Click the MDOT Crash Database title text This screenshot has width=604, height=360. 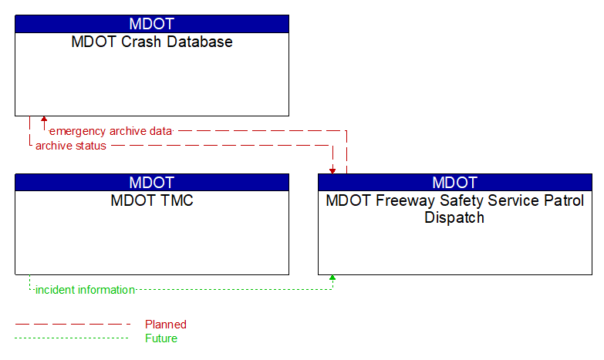[152, 42]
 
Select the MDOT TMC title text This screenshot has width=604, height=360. [152, 201]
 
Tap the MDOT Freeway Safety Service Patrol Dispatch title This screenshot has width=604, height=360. [454, 209]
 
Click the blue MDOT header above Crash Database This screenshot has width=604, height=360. [152, 24]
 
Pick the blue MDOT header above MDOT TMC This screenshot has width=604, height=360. [152, 183]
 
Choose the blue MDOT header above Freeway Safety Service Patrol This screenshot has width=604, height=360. [455, 183]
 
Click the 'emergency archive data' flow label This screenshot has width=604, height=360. [110, 131]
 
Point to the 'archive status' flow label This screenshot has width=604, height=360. [71, 146]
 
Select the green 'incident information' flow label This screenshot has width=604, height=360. [85, 290]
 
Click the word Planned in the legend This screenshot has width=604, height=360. [166, 325]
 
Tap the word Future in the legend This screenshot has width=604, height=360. [161, 338]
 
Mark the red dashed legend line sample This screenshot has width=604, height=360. [73, 325]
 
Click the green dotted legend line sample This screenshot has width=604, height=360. [73, 338]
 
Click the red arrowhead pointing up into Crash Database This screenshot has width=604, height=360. [44, 120]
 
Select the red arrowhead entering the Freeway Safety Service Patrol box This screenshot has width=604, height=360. [332, 170]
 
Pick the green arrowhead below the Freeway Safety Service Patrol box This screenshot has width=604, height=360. [332, 278]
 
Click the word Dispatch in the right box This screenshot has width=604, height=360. [454, 217]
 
